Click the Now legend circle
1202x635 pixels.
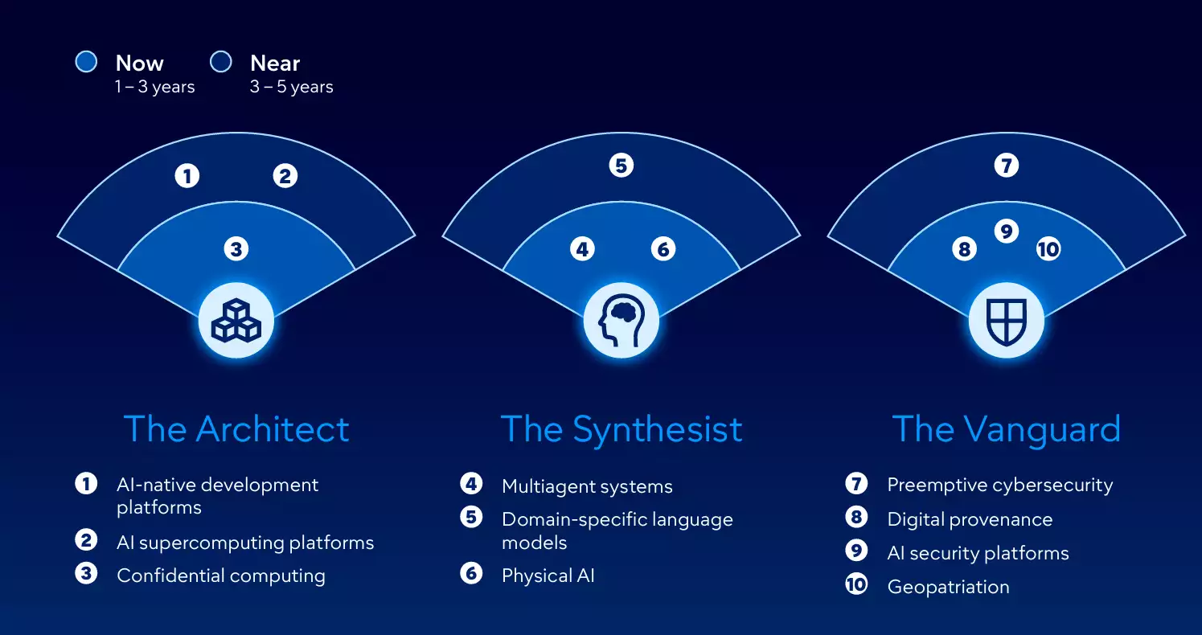click(86, 62)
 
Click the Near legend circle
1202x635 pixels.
click(220, 62)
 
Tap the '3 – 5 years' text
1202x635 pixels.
click(291, 87)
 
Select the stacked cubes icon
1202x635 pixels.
click(236, 321)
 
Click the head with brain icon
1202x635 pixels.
click(621, 321)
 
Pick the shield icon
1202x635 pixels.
click(1006, 321)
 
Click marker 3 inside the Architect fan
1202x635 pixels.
click(236, 249)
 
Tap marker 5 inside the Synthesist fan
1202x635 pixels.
click(621, 166)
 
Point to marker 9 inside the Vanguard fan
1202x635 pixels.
click(1006, 231)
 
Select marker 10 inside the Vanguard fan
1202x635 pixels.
click(1048, 249)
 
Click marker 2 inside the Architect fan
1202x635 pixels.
click(285, 175)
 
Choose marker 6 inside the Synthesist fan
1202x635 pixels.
click(663, 249)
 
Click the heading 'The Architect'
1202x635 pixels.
click(236, 429)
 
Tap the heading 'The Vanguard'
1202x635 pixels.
click(1006, 429)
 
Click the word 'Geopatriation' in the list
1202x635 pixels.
click(948, 587)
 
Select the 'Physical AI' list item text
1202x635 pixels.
click(548, 576)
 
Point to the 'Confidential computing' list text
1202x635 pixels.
click(221, 576)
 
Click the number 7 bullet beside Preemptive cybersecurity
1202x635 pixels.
click(856, 484)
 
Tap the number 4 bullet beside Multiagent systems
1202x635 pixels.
click(471, 484)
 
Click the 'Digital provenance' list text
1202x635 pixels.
click(969, 519)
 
